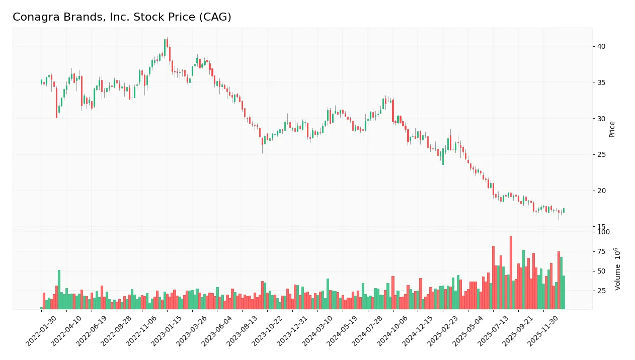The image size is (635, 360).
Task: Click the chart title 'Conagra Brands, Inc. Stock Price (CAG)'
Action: [122, 17]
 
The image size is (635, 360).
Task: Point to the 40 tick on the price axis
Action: [601, 46]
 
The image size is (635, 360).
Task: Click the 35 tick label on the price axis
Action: [601, 82]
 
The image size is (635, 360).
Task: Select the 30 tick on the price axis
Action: [601, 119]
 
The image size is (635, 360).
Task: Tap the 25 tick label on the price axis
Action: [601, 154]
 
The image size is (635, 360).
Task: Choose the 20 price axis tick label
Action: [601, 191]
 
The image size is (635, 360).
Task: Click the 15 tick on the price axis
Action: [601, 227]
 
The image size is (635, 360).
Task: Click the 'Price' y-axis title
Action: [612, 129]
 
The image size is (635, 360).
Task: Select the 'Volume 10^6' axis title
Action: [617, 268]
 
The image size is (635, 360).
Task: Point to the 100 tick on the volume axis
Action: [603, 232]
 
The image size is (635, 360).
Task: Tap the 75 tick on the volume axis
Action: [601, 251]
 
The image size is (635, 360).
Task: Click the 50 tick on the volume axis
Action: [601, 271]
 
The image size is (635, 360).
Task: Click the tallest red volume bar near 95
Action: [511, 272]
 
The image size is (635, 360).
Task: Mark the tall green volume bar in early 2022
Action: [59, 289]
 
